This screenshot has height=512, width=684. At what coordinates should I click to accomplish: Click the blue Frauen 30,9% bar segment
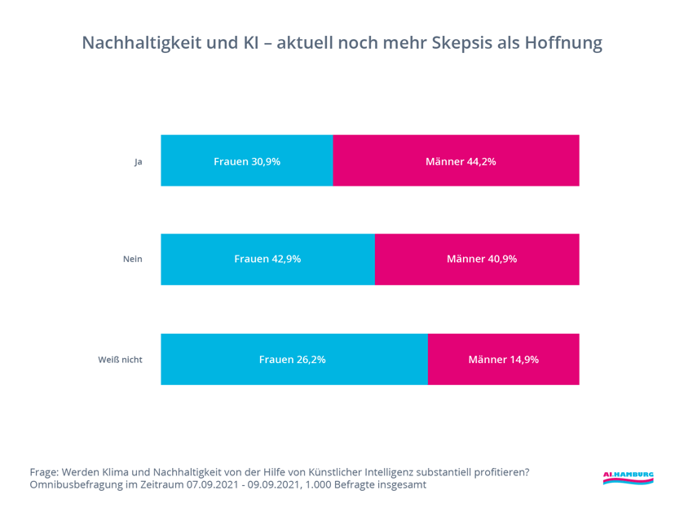pos(247,161)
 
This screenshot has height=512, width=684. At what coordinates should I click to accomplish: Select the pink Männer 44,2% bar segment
pos(457,161)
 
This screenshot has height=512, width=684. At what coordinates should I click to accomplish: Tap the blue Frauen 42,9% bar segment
pos(267,260)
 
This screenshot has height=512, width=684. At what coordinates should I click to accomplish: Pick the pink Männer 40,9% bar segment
pos(477,260)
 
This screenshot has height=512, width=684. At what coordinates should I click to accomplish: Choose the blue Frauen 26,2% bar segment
pos(293,359)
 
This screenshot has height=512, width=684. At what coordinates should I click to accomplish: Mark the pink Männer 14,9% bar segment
pos(503,359)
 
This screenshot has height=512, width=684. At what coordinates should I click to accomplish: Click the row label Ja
pos(139,162)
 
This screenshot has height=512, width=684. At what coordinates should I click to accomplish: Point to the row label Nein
pos(132,260)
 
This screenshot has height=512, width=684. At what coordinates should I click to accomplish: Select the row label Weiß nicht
pos(120,359)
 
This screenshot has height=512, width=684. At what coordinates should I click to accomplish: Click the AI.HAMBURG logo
pos(628,478)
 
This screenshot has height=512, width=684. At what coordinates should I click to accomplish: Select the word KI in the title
pos(251,43)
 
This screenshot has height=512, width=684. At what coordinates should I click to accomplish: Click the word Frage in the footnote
pos(44,472)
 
